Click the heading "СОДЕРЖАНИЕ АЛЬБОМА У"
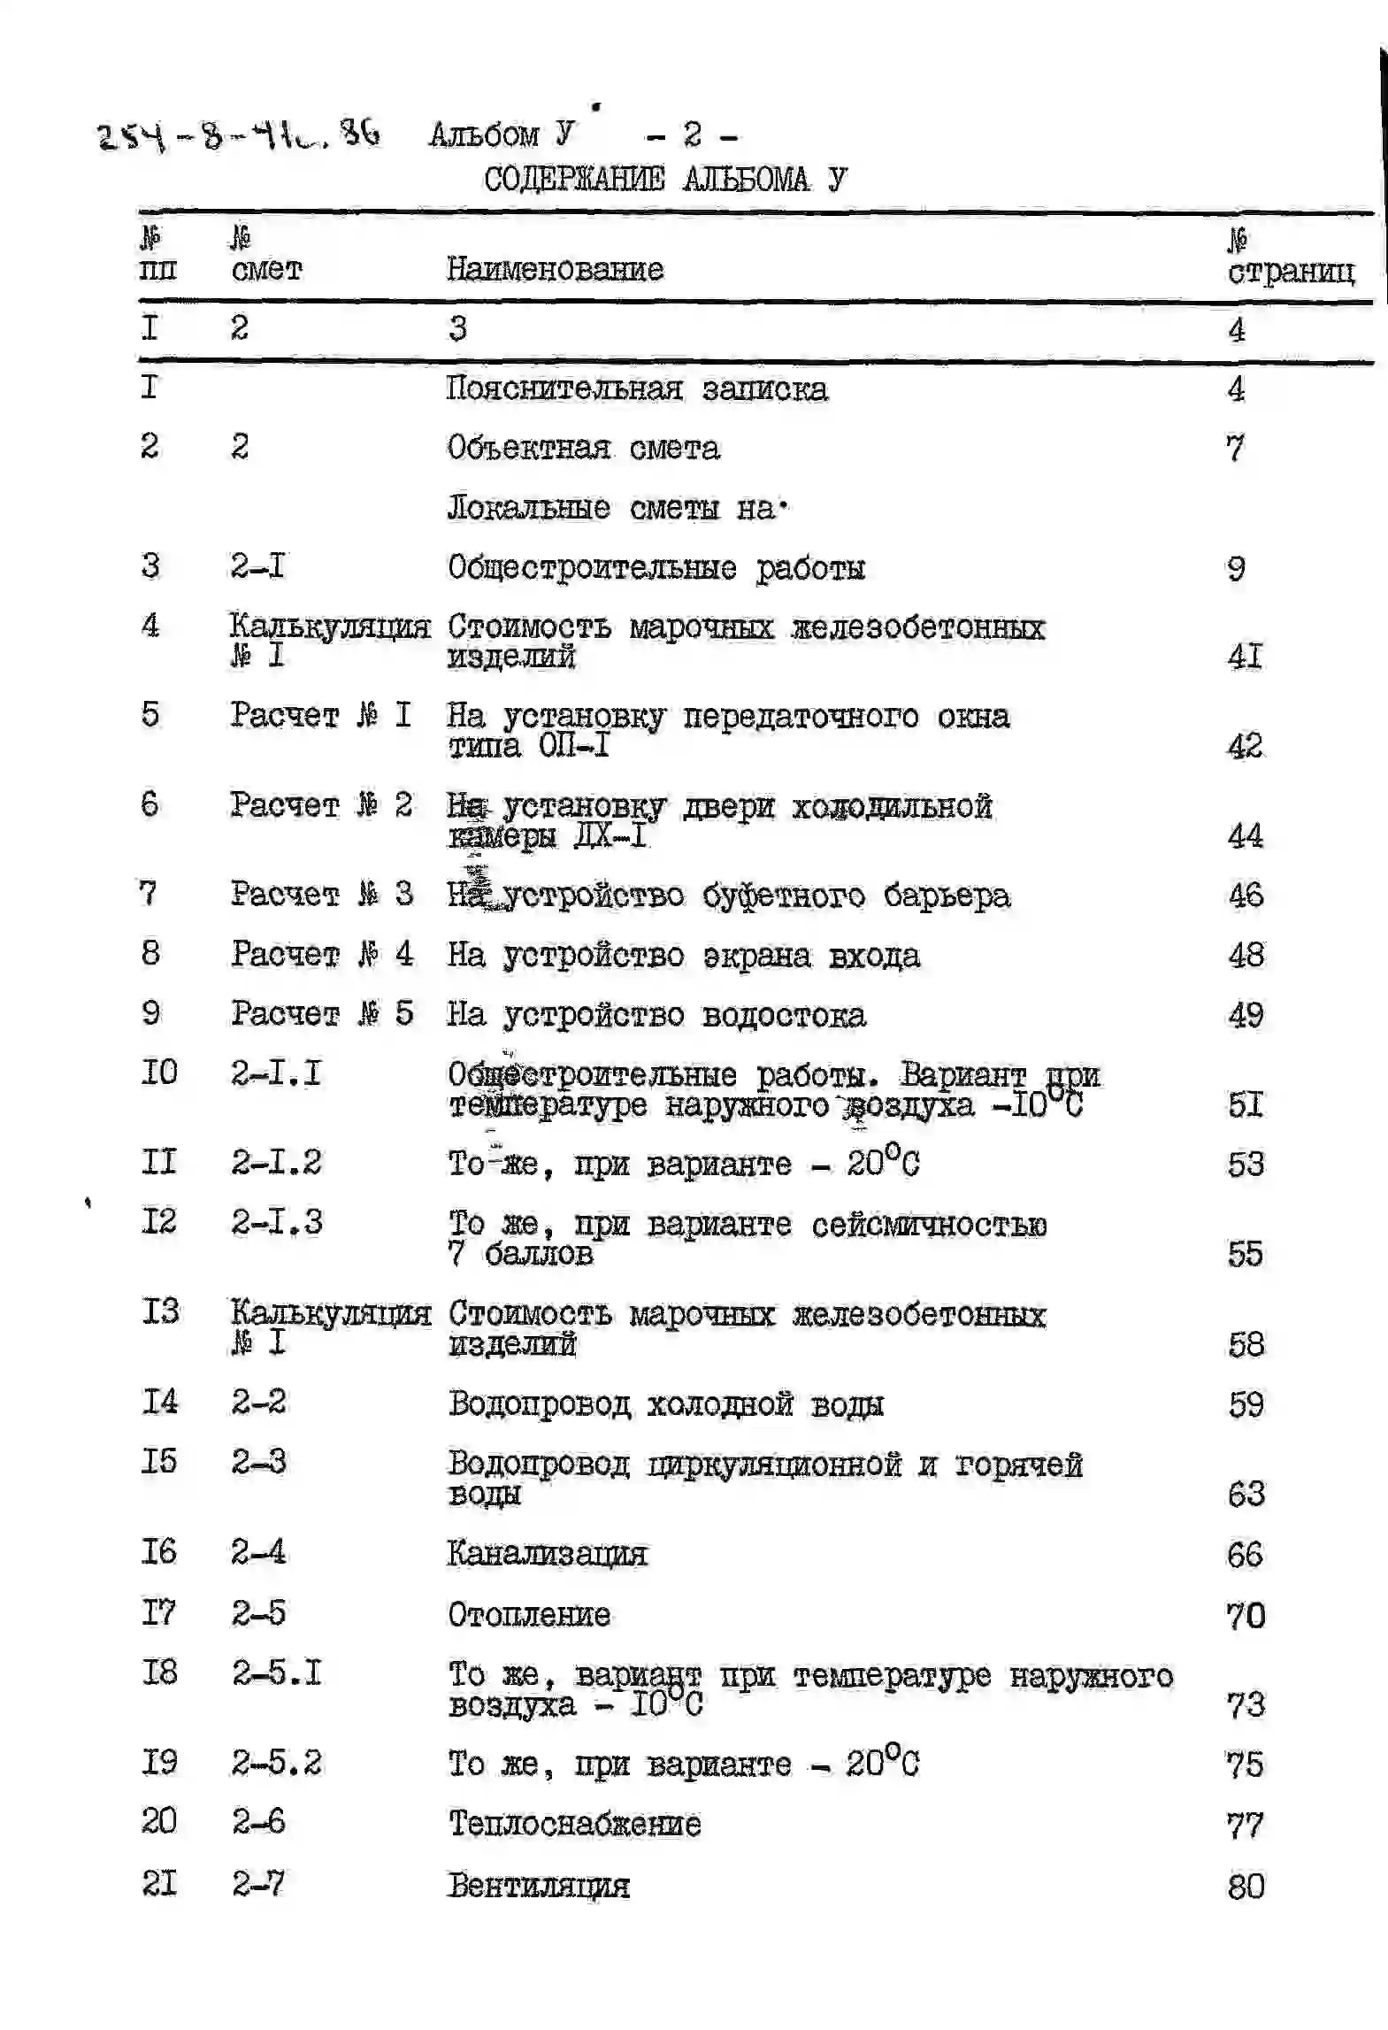664,180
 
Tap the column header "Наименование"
555,269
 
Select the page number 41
1245,657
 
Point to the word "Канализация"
548,1554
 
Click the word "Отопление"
529,1615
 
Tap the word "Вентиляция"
539,1886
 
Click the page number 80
1246,1887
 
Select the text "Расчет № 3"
322,894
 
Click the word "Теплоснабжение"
575,1824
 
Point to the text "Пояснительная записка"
637,389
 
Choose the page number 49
1246,1015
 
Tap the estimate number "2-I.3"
277,1223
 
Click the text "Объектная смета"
583,448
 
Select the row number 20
158,1821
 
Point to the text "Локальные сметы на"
617,508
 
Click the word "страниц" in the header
1291,271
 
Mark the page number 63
1246,1495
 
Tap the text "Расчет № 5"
322,1013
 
